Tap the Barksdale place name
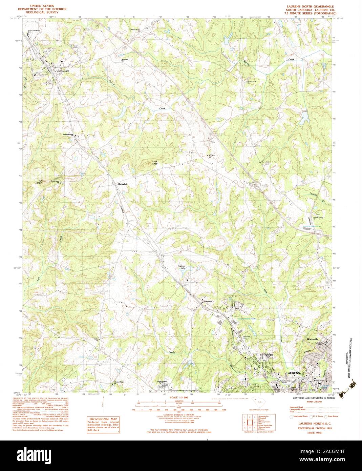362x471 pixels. pyautogui.click(x=122, y=184)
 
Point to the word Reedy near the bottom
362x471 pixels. pyautogui.click(x=172, y=352)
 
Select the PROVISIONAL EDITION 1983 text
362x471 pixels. pyautogui.click(x=310, y=428)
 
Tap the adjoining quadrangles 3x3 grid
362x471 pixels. pyautogui.click(x=249, y=422)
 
